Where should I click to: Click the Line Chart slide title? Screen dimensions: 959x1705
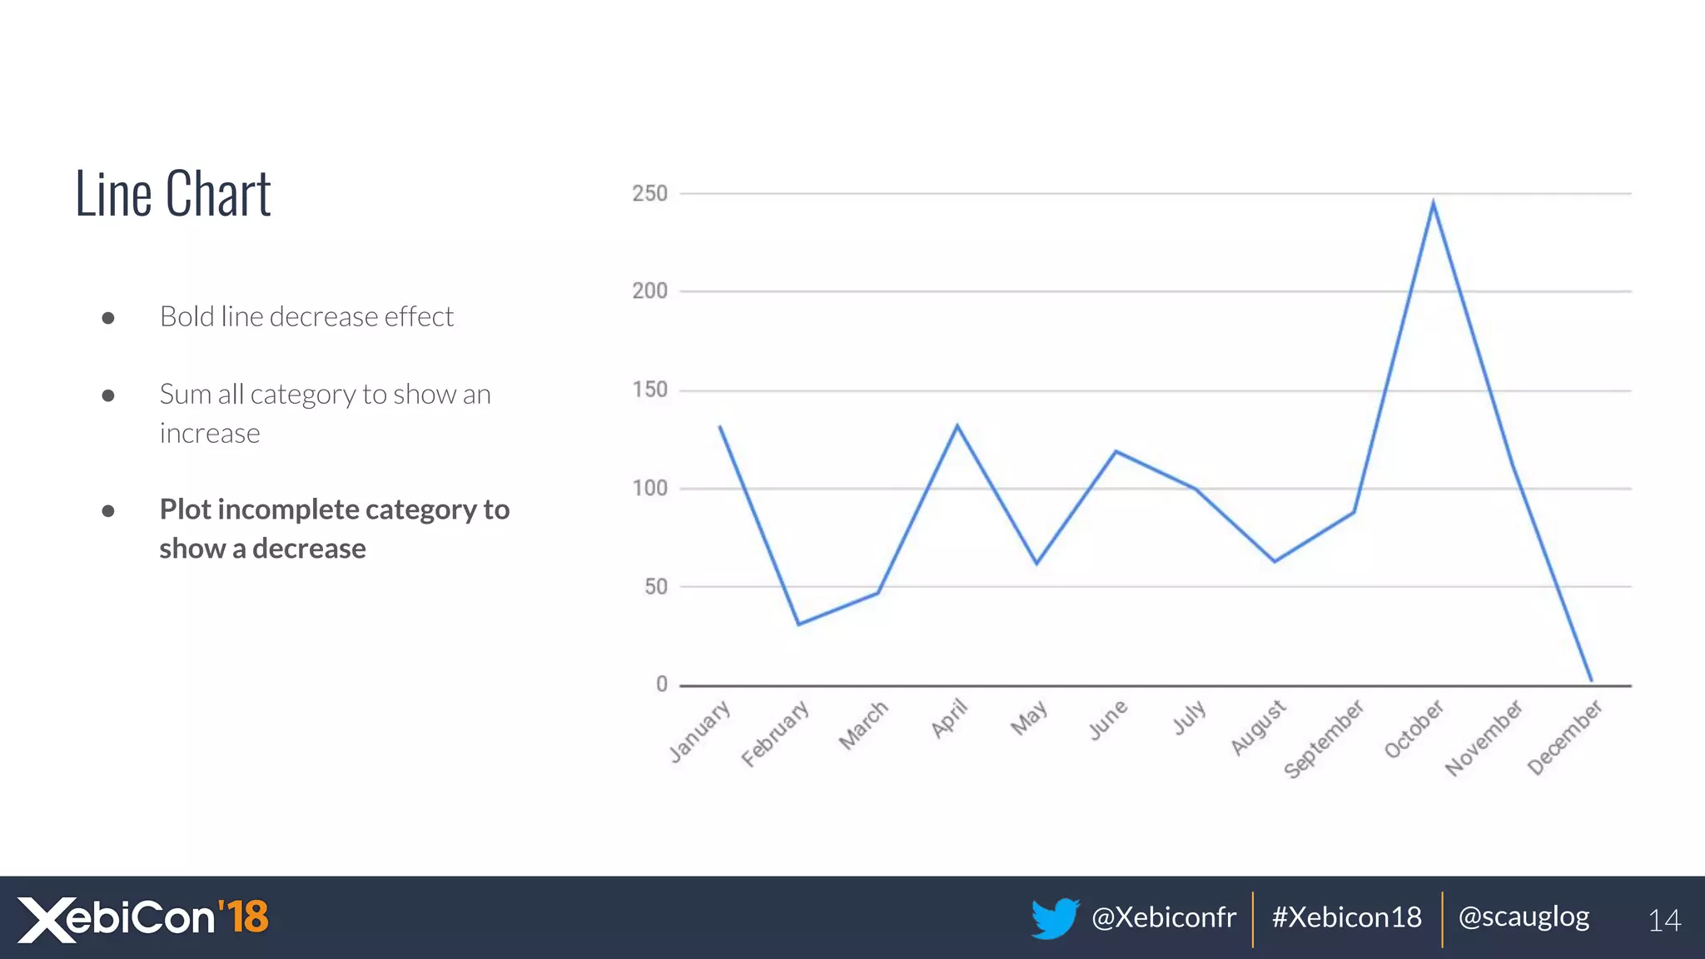click(173, 194)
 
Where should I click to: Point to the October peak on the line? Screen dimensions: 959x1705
click(1433, 202)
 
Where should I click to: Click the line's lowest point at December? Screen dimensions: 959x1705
click(1591, 680)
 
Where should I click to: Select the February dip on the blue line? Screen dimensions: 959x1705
click(798, 624)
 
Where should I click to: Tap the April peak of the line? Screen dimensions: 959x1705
click(957, 425)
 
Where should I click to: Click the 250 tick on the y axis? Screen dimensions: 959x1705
click(649, 194)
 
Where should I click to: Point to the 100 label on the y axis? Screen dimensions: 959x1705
click(649, 489)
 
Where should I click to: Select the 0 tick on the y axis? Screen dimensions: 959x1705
click(662, 684)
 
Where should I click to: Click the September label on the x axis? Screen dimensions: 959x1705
click(1324, 738)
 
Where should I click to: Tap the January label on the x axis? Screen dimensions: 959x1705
click(699, 732)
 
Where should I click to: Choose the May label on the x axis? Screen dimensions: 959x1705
click(1029, 718)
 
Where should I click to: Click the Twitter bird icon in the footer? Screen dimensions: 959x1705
click(1054, 918)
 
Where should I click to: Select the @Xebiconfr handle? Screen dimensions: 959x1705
click(1163, 917)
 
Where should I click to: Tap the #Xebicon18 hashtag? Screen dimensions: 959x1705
click(1346, 917)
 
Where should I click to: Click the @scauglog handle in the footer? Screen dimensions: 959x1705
click(1524, 917)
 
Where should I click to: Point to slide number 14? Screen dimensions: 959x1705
click(1664, 921)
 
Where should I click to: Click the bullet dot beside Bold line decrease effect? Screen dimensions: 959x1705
click(108, 318)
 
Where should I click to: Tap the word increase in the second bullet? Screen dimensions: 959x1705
click(210, 434)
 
